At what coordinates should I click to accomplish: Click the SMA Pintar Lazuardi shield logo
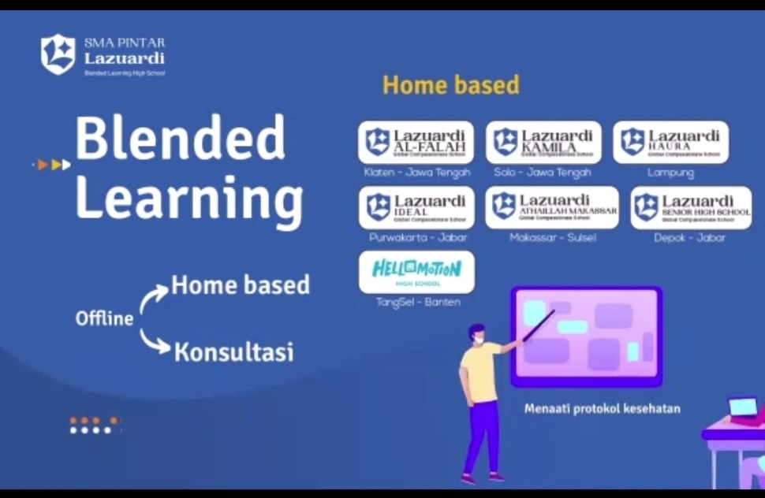(x=58, y=54)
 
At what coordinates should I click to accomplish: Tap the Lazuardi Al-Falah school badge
(x=416, y=143)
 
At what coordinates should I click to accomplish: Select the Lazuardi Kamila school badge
(x=543, y=143)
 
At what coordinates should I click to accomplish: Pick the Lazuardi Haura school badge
(x=670, y=143)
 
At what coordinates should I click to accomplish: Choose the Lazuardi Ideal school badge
(x=416, y=208)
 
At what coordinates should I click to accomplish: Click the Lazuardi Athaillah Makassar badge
(x=552, y=208)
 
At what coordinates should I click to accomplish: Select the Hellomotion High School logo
(x=416, y=272)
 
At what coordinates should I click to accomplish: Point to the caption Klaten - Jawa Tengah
(x=417, y=173)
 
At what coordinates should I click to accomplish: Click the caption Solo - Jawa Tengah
(x=543, y=173)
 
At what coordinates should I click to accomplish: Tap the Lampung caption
(x=670, y=173)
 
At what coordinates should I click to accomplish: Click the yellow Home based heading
(x=451, y=85)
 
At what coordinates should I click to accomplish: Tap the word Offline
(x=104, y=319)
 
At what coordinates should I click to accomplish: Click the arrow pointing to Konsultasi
(x=155, y=342)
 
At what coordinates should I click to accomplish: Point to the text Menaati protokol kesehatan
(x=602, y=409)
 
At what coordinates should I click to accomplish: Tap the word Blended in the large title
(x=180, y=139)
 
